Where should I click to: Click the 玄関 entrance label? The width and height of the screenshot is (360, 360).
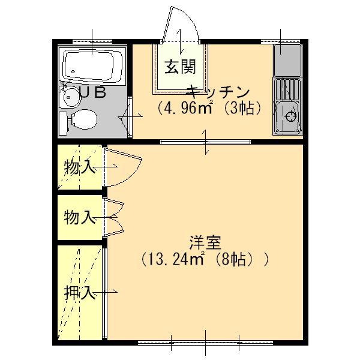(177, 68)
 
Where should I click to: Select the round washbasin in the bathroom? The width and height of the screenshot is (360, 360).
(71, 95)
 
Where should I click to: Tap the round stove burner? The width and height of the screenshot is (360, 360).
(292, 116)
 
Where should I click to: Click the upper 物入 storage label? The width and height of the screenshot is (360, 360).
(80, 167)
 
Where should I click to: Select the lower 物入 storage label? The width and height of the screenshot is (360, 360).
(80, 217)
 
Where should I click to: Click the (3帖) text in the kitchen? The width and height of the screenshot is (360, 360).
(247, 109)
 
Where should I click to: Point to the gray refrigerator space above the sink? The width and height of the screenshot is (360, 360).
(287, 59)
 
